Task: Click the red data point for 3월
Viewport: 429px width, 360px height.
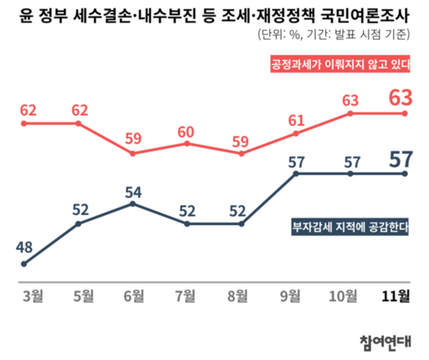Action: tap(24, 123)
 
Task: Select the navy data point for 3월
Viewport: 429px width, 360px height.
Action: tap(24, 264)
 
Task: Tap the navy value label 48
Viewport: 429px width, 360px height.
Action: tap(24, 248)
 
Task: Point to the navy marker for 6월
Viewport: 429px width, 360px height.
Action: tap(133, 204)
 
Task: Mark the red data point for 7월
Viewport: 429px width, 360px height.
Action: tap(187, 144)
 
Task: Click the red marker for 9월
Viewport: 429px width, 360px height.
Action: tap(296, 133)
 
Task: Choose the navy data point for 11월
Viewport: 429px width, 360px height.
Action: tap(405, 173)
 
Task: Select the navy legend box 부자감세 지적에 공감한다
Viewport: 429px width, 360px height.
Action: tap(349, 227)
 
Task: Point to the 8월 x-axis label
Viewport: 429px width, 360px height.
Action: tap(242, 296)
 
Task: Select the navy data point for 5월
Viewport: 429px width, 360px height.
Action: tap(78, 224)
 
